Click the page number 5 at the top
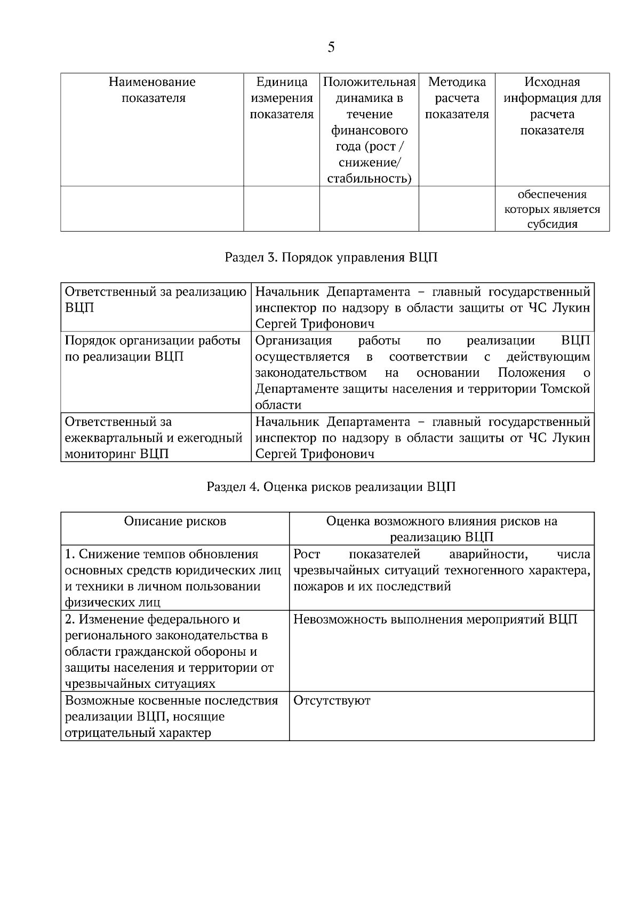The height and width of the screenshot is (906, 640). click(331, 47)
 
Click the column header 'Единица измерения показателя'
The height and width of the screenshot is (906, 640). click(282, 98)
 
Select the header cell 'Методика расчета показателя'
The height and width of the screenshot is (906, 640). click(457, 98)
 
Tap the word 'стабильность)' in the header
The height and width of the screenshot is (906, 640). click(369, 179)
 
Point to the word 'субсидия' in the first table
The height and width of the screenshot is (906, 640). click(553, 224)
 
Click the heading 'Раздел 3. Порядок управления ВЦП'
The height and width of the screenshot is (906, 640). click(331, 258)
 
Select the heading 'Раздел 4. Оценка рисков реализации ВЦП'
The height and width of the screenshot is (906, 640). click(331, 487)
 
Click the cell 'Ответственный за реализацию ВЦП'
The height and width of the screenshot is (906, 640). click(155, 300)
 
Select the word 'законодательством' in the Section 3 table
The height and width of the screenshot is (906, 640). click(311, 372)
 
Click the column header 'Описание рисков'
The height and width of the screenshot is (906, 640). click(175, 521)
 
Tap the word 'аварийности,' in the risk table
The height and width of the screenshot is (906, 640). click(489, 554)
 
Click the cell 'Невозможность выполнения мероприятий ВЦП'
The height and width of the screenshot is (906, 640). click(435, 620)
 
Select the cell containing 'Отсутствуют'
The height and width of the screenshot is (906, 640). click(332, 701)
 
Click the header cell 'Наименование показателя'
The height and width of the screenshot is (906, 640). click(153, 90)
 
